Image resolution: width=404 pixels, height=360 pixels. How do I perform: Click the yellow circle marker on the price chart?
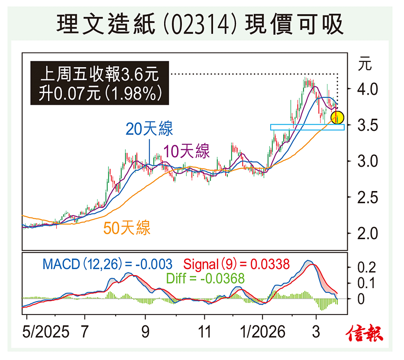pos(337,117)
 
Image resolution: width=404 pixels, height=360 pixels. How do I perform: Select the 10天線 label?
pos(187,151)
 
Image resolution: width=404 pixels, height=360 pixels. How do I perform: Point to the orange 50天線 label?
pos(127,228)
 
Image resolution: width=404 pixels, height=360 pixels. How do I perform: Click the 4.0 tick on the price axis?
pos(367,89)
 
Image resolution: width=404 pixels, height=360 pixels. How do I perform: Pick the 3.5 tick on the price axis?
pos(367,126)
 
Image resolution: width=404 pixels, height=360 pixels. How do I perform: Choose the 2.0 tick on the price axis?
pos(367,233)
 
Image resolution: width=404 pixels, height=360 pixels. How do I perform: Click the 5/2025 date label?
pos(45,332)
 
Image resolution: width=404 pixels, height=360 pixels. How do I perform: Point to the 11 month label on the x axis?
pos(204,332)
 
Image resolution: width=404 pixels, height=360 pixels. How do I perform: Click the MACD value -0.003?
pos(154,264)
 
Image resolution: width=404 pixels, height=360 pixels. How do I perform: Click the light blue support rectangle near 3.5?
pos(307,127)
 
